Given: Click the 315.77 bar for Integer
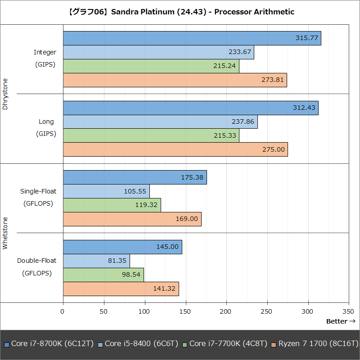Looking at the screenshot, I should coord(192,38).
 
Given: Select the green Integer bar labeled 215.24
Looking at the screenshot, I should coord(151,66).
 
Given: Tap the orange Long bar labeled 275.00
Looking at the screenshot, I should coord(175,149).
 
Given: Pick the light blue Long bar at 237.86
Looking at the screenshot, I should coord(160,122).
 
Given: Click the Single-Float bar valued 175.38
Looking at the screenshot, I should coord(135,177).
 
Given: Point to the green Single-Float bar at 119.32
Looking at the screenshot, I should coord(112,205).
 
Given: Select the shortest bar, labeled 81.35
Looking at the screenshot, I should coord(96,261).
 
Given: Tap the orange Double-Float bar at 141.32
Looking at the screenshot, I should coord(121,288).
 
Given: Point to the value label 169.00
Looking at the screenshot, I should coord(187,219).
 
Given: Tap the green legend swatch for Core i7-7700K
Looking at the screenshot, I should coord(185,344).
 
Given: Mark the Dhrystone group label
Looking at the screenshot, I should coord(5,94).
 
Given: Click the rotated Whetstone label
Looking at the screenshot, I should coord(5,233).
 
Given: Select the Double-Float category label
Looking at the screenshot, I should coord(37,260).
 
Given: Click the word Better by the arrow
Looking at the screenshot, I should coord(337,321).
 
